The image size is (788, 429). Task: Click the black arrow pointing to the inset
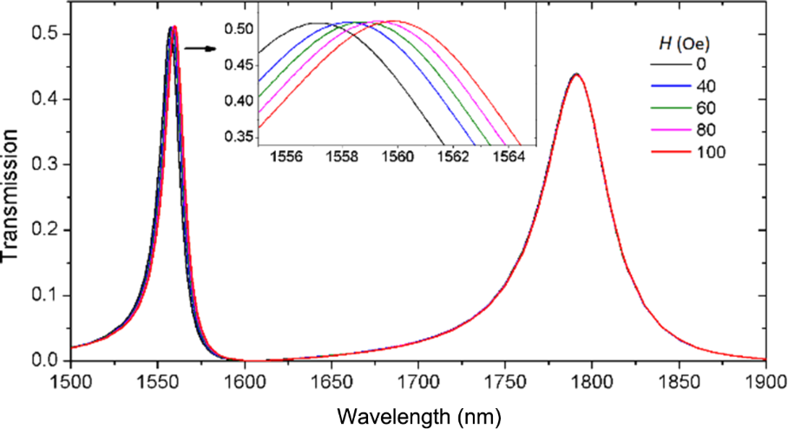point(201,48)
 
